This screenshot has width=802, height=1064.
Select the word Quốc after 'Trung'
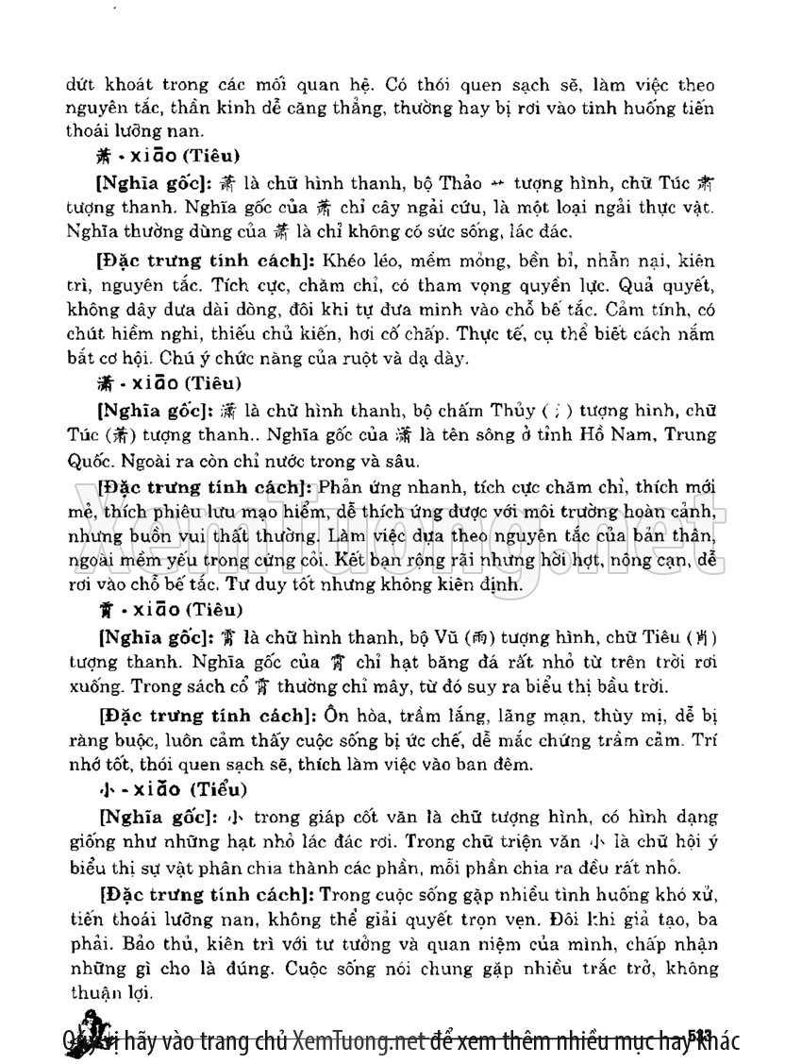pyautogui.click(x=86, y=463)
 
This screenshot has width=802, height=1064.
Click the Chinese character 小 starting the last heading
pyautogui.click(x=104, y=788)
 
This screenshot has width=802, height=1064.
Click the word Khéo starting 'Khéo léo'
pyautogui.click(x=343, y=259)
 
